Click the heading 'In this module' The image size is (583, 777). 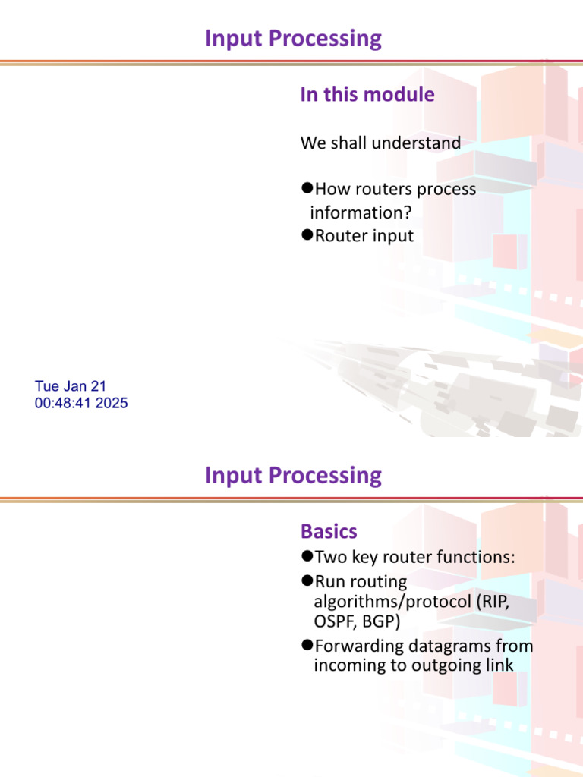tap(367, 95)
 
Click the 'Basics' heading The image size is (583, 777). tap(329, 531)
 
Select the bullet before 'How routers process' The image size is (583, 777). tap(307, 188)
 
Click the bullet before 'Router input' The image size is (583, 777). tap(307, 235)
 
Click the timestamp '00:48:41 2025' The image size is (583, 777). tap(81, 404)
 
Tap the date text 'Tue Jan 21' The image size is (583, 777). tap(71, 386)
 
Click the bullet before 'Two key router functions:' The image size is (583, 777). tap(307, 557)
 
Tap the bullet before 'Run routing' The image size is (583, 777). tap(307, 581)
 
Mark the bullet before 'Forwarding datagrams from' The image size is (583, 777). tap(307, 646)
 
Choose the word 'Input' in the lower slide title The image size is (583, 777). tap(234, 476)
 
